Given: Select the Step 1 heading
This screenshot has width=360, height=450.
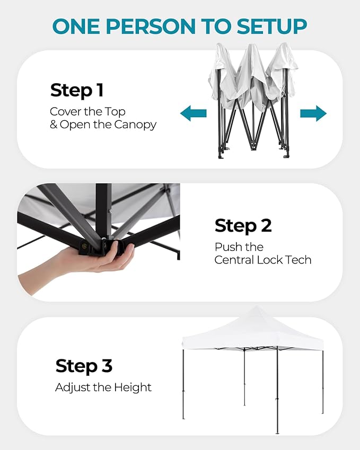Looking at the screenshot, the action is point(77,91).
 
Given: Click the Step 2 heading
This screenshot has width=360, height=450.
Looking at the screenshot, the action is point(243,226).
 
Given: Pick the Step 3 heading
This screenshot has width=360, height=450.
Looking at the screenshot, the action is point(84,366).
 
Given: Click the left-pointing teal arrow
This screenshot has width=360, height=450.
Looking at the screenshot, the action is point(193,113).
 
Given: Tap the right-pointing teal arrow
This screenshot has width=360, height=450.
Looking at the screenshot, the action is point(313,113).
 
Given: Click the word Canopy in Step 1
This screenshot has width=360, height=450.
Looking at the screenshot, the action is point(135,125).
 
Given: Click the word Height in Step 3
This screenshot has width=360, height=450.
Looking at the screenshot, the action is point(133,388).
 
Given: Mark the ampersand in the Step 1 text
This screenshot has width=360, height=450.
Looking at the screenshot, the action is point(54,125).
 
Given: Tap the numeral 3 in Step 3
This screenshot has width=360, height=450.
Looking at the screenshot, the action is point(107,366).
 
